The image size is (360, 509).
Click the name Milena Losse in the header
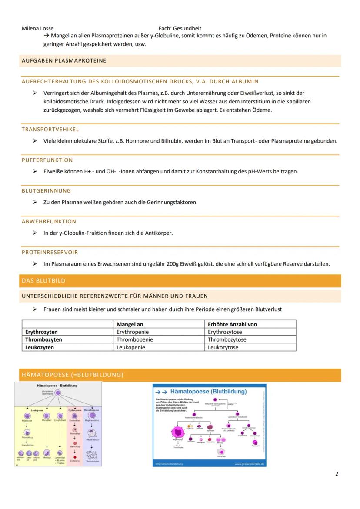(x=37, y=28)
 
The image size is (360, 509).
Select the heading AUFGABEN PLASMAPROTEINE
(x=64, y=61)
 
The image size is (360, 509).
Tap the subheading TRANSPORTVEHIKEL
(x=50, y=130)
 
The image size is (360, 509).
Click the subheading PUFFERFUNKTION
(x=47, y=160)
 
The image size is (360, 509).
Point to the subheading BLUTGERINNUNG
(x=46, y=191)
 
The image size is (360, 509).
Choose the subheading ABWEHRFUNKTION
(x=49, y=222)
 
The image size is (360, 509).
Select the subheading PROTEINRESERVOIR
(x=50, y=252)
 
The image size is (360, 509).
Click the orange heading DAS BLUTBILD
(x=43, y=281)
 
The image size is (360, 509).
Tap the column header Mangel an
(x=130, y=324)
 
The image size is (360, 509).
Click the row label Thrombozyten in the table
(x=43, y=339)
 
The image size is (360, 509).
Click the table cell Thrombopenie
(x=135, y=339)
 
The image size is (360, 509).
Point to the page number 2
(x=337, y=474)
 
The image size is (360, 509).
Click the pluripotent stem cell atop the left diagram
(x=58, y=393)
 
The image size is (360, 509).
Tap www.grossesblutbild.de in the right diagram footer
(x=250, y=464)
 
